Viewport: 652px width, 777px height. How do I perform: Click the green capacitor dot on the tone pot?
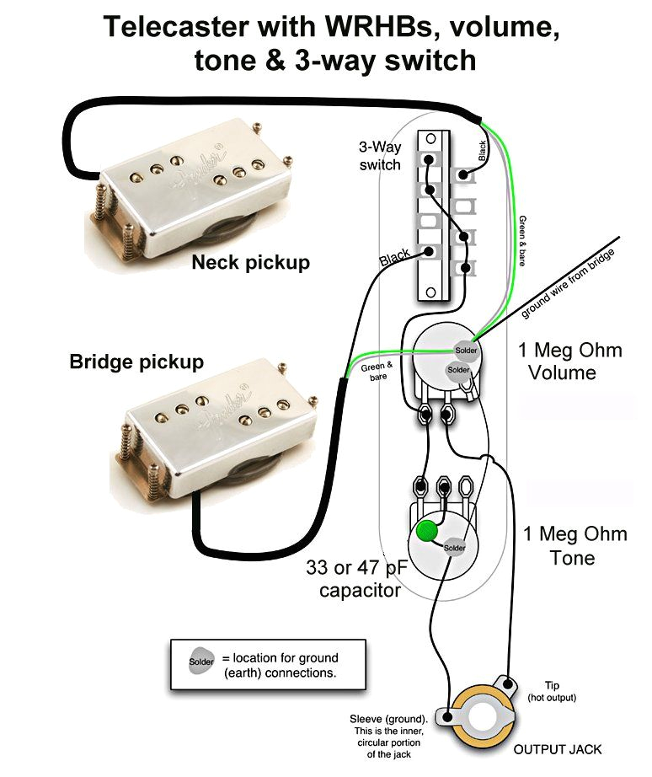click(426, 530)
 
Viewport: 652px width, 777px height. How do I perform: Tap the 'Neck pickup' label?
click(250, 263)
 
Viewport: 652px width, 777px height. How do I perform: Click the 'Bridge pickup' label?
click(136, 362)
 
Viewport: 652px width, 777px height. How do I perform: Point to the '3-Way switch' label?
click(380, 155)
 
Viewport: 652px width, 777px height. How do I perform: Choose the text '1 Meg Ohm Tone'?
click(575, 545)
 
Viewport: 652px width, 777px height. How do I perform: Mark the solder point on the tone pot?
click(454, 547)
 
